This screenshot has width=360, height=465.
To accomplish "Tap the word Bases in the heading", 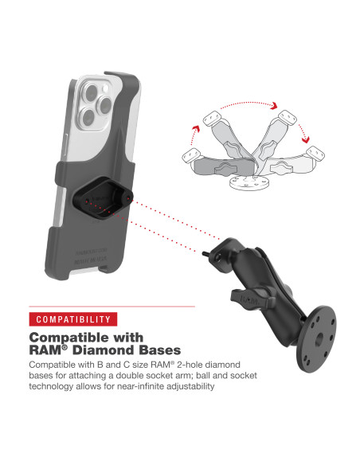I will click(x=159, y=350).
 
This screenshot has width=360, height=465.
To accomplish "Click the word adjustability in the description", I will click(x=191, y=387).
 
